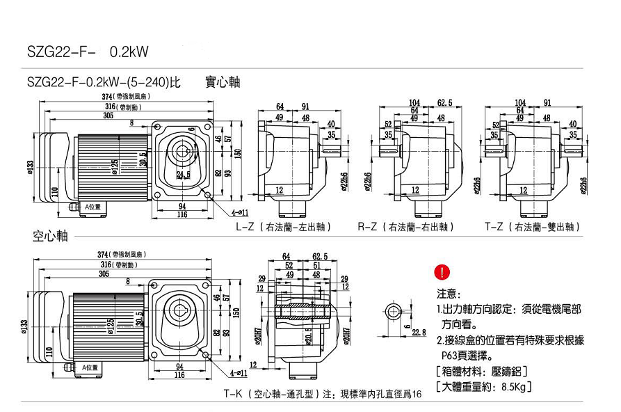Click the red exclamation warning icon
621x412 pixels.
tap(443, 271)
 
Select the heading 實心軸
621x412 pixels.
tap(223, 82)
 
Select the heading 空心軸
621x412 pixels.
tap(50, 237)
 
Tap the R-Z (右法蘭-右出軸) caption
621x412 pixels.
tap(406, 227)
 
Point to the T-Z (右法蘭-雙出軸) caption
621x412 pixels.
tap(532, 227)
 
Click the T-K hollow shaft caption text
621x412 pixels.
tap(323, 394)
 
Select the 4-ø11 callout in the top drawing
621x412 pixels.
tap(239, 212)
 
